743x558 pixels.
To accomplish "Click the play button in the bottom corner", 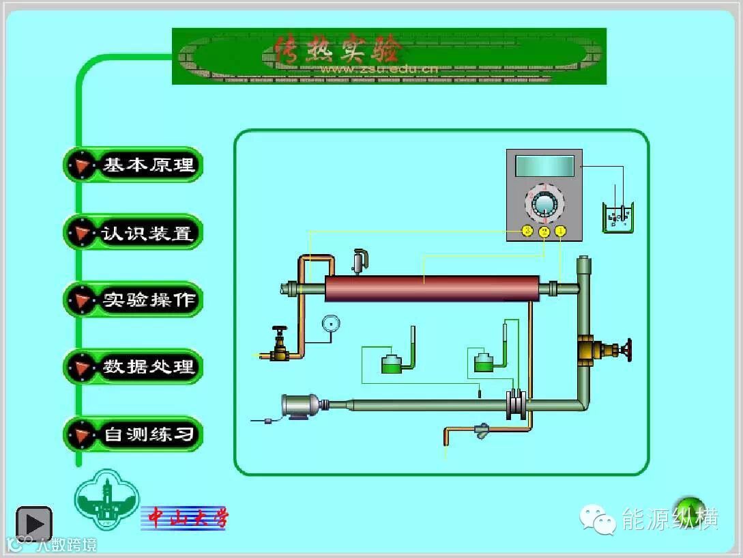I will tap(34, 524).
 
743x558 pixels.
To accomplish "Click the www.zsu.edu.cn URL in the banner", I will tap(379, 68).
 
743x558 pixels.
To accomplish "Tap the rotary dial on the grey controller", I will tap(544, 204).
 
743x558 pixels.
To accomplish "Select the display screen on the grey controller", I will tap(544, 166).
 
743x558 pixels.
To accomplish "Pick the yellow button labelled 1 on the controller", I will tap(560, 232).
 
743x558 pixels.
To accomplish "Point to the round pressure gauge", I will tap(332, 323).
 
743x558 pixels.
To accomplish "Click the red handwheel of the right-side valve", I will tap(627, 350).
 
